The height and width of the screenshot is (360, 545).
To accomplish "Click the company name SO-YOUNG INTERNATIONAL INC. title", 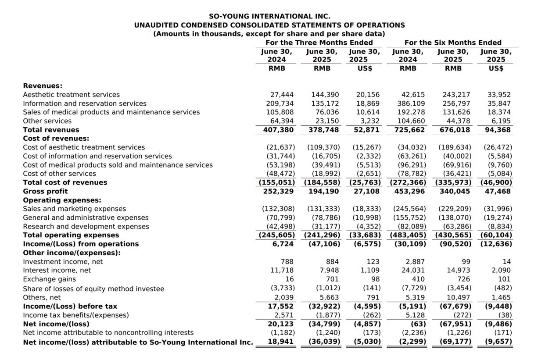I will (269, 16).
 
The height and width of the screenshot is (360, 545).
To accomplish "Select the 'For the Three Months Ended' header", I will (319, 43).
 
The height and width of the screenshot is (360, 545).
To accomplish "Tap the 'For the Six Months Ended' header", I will (453, 43).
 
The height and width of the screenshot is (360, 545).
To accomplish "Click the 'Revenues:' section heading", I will (43, 86).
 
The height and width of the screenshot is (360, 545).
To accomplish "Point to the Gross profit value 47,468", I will (498, 191).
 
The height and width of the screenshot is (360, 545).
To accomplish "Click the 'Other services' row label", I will (47, 121).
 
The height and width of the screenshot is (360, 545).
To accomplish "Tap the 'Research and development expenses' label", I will (86, 226).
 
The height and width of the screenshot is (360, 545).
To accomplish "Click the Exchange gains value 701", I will (332, 279).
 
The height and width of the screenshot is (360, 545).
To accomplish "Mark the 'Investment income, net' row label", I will (63, 261).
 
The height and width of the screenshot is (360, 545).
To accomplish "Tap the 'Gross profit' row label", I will (45, 191).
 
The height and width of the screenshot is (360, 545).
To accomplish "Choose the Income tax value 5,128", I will (415, 315).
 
